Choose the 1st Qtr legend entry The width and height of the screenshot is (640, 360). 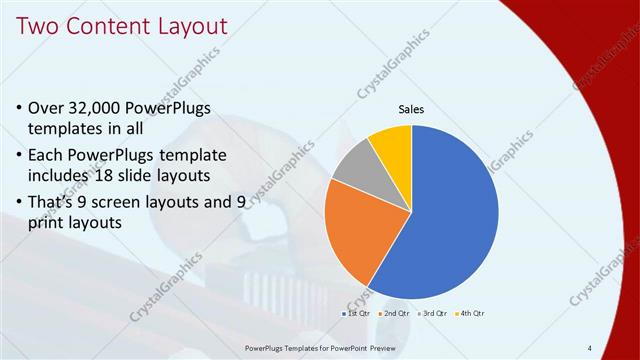[x=356, y=314]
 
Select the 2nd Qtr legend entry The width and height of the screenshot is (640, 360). [x=394, y=314]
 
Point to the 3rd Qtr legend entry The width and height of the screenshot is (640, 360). [x=432, y=314]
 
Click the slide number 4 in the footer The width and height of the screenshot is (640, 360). [x=590, y=348]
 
